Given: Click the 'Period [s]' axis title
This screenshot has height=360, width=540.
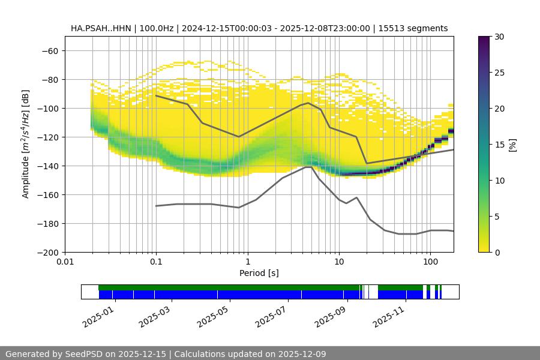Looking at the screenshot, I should [x=259, y=274].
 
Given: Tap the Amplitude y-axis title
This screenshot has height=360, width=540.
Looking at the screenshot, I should [x=26, y=144].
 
